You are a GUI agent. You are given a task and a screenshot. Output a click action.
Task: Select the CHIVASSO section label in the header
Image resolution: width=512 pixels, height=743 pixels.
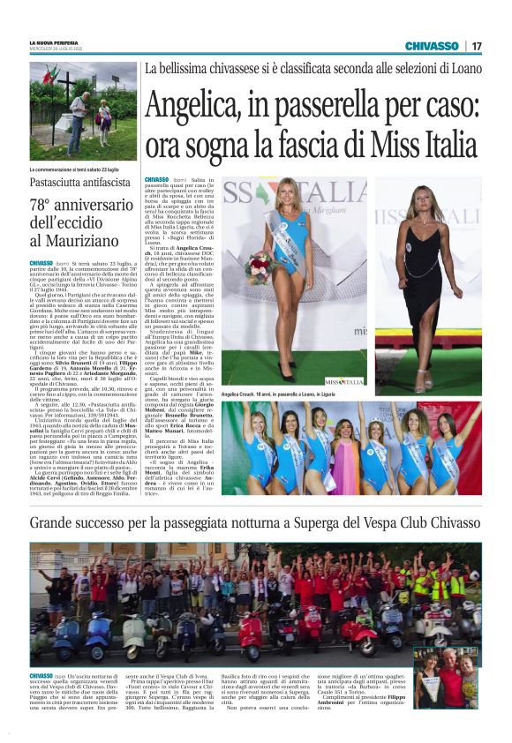(431, 46)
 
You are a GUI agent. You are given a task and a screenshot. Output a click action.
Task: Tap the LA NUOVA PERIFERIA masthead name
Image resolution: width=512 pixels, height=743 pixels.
(54, 42)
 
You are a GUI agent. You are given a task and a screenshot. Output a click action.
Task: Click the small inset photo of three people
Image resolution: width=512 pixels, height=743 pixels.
(446, 676)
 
